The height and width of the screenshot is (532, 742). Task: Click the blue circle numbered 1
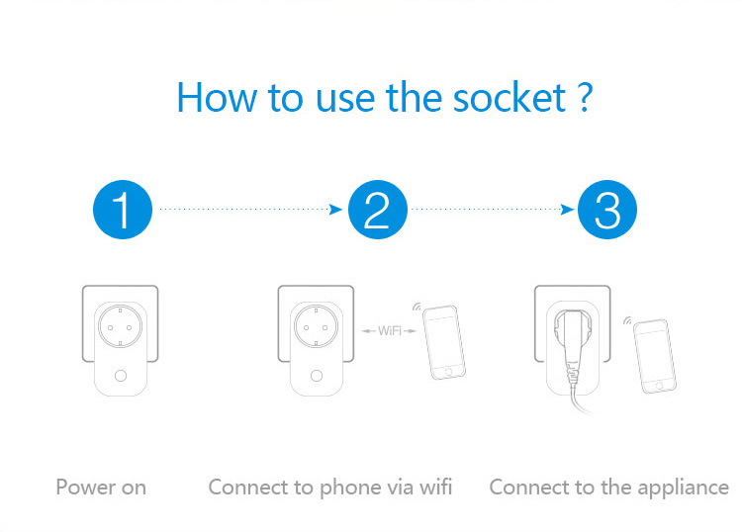click(x=122, y=210)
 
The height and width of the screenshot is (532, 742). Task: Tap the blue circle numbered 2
click(x=377, y=210)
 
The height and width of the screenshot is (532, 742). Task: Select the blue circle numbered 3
click(x=607, y=210)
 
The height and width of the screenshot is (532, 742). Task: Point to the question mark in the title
click(x=584, y=99)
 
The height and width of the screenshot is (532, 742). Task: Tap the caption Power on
click(x=101, y=487)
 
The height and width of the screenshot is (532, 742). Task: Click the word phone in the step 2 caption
click(x=353, y=487)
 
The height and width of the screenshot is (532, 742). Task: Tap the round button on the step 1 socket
click(x=121, y=376)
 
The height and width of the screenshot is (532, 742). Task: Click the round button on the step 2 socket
click(x=317, y=376)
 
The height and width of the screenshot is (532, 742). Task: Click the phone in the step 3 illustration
click(x=654, y=355)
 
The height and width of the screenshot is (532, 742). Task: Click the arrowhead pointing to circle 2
click(x=336, y=210)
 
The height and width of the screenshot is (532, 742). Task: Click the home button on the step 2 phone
click(x=452, y=372)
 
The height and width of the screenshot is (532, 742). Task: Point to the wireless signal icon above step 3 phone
click(x=627, y=320)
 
